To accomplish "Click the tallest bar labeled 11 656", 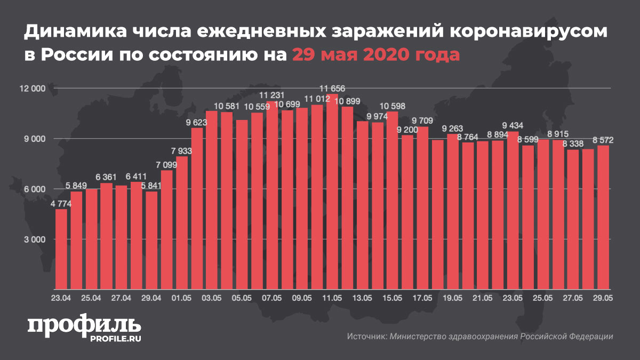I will [x=332, y=192].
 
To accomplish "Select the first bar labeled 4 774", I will [x=61, y=250].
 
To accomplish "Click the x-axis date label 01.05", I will [x=181, y=298].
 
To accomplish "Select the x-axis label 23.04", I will [x=61, y=298].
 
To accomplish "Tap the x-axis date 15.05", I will [x=392, y=298].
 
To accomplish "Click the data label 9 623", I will [x=196, y=122].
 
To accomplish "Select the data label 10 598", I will [x=392, y=105].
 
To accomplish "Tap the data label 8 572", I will [x=603, y=140].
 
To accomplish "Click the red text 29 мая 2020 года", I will [x=375, y=54].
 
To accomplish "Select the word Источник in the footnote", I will [x=366, y=337].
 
